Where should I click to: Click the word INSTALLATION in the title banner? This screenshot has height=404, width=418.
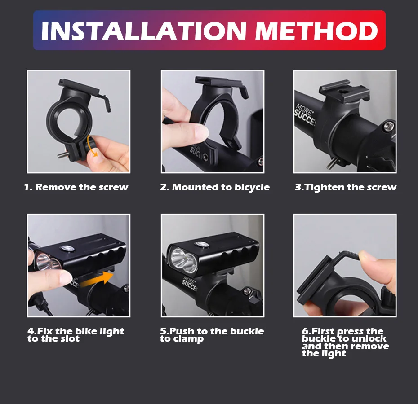[x=144, y=31]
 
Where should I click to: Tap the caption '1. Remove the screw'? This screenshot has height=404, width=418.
[x=76, y=187]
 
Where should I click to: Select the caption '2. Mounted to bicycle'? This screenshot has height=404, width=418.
[x=214, y=187]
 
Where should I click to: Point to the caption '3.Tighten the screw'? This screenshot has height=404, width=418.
[x=346, y=187]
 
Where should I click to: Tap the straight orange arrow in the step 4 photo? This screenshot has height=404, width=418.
[x=97, y=279]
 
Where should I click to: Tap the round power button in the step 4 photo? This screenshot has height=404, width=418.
[x=67, y=248]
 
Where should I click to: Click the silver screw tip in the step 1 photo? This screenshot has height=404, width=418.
[x=61, y=155]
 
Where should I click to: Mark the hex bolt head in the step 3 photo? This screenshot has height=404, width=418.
[x=389, y=126]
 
